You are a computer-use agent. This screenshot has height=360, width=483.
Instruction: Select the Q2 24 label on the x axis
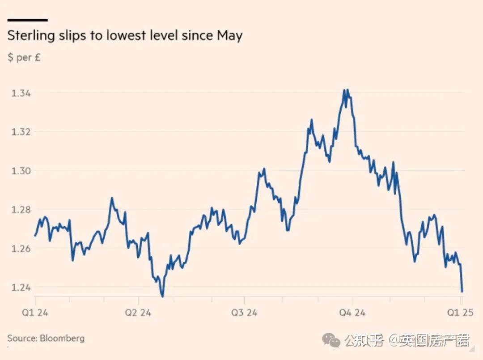click(138, 312)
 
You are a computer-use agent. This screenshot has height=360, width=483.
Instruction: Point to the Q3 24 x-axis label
click(244, 312)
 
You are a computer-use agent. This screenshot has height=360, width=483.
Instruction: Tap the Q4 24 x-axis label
click(352, 312)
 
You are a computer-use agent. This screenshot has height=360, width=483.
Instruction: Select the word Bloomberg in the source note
click(62, 338)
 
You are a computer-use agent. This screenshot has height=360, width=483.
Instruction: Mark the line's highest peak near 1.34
click(344, 90)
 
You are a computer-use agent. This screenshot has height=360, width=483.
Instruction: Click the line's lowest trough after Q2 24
click(162, 296)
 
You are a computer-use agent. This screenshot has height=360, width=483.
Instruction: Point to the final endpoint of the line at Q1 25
click(462, 292)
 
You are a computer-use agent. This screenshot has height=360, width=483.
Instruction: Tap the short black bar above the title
click(27, 20)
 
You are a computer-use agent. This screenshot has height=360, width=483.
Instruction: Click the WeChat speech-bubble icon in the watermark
click(331, 341)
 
